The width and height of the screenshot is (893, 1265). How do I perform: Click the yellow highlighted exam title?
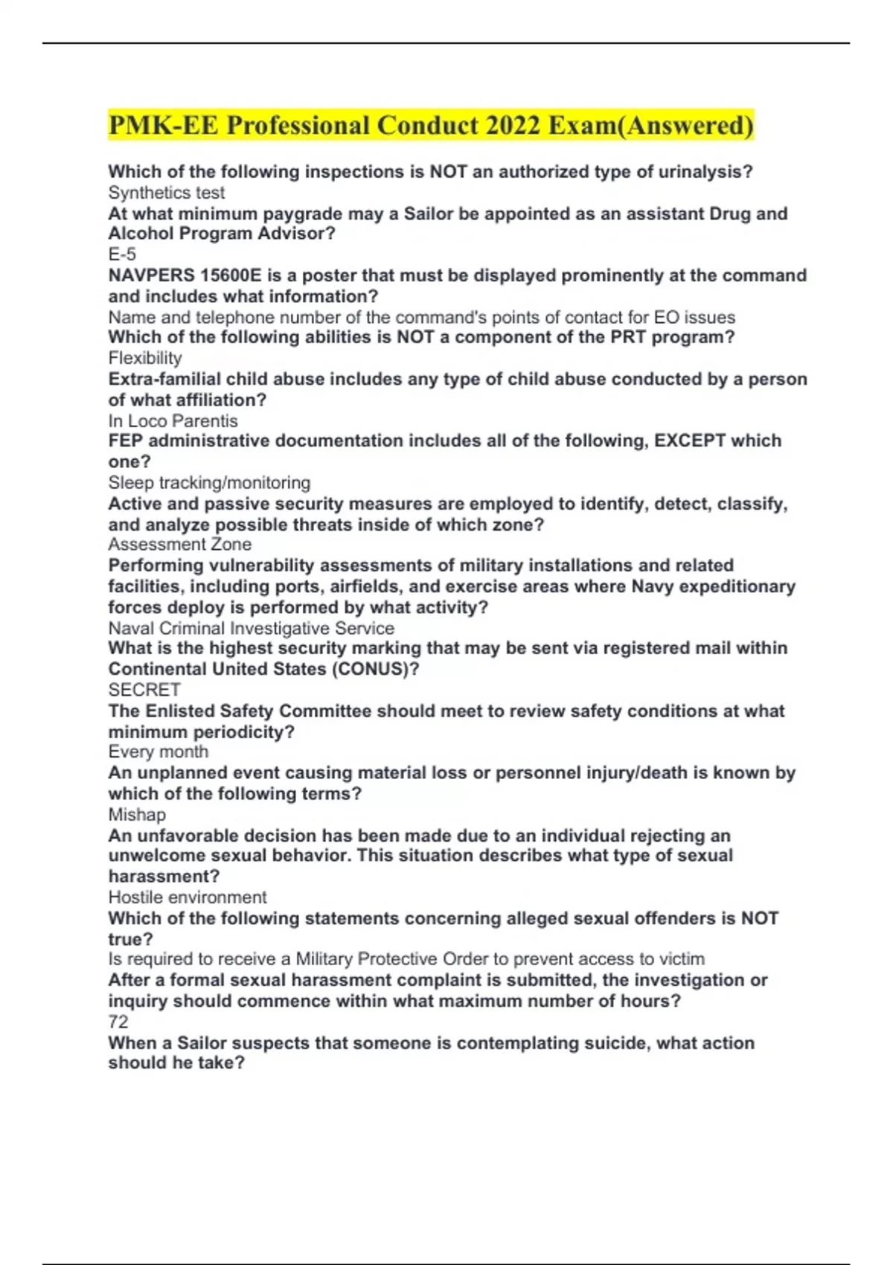[430, 125]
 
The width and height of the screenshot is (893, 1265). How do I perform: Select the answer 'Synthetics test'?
[166, 193]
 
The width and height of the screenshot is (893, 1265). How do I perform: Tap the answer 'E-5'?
[122, 254]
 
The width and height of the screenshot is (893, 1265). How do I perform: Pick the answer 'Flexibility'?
[145, 358]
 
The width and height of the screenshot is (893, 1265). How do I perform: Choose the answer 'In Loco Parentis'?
[173, 420]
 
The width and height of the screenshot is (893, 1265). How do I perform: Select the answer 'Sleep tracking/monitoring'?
[209, 482]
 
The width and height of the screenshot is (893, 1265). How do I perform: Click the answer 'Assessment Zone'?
[179, 544]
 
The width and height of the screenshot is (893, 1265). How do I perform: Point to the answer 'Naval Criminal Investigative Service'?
[251, 628]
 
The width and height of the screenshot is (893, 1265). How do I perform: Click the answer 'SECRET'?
[144, 690]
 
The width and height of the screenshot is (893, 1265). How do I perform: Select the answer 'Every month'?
[158, 752]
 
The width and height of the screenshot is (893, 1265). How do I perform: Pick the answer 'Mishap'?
[137, 814]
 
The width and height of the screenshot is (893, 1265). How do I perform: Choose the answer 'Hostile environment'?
[187, 897]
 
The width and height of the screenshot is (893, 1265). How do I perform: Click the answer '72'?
[118, 1022]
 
